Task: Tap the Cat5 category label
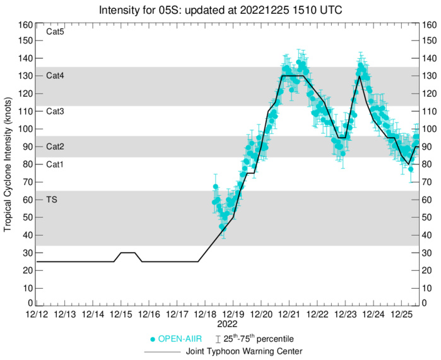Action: pyautogui.click(x=55, y=31)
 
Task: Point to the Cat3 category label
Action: pyautogui.click(x=55, y=111)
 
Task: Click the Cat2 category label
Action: pyautogui.click(x=55, y=147)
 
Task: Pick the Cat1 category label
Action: pyautogui.click(x=55, y=164)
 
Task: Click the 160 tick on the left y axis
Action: pyautogui.click(x=25, y=25)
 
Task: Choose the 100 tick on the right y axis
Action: pyautogui.click(x=430, y=129)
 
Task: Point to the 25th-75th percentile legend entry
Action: pyautogui.click(x=262, y=339)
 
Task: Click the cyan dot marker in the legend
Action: pyautogui.click(x=152, y=339)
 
